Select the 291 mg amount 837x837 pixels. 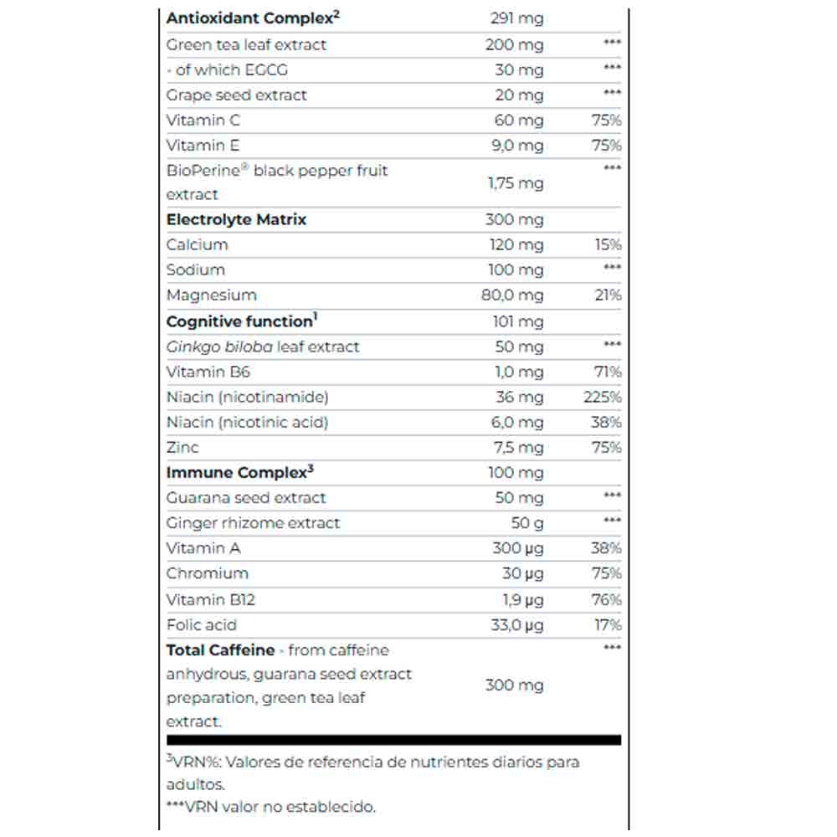(x=516, y=18)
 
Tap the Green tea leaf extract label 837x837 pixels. (x=246, y=44)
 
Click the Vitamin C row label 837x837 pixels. (x=203, y=120)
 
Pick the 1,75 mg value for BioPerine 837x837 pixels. (x=516, y=182)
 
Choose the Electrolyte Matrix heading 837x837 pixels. (x=237, y=219)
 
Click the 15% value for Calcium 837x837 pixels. (x=608, y=244)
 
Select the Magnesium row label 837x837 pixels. (x=212, y=295)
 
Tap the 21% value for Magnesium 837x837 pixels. (x=608, y=295)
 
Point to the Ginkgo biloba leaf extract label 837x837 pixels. (x=263, y=347)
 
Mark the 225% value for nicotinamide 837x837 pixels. (x=603, y=397)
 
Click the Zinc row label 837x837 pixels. (x=182, y=447)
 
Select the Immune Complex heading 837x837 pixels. (x=239, y=473)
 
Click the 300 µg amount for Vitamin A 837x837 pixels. (x=517, y=548)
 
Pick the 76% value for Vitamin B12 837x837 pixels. (x=607, y=599)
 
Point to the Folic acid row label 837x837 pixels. (x=202, y=624)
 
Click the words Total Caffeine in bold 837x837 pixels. (x=220, y=650)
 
